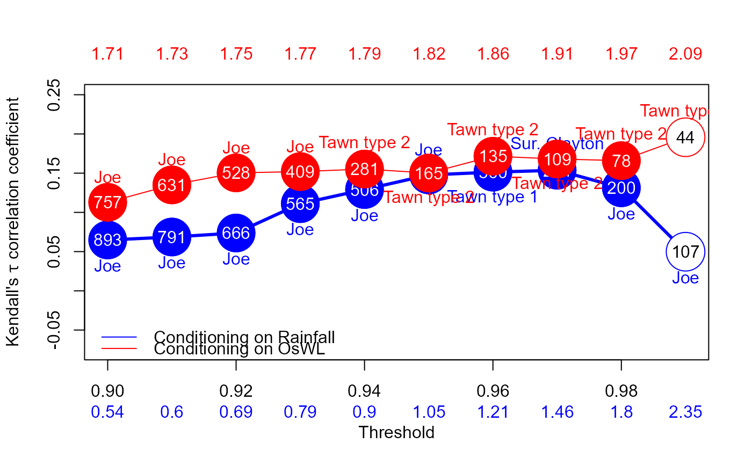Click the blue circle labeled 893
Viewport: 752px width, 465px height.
click(107, 240)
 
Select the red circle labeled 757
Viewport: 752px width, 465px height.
click(107, 202)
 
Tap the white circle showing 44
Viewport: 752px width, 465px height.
click(685, 137)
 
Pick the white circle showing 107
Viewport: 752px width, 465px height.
click(685, 251)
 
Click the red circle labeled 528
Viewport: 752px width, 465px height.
click(236, 173)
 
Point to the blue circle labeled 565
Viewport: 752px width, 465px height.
click(300, 204)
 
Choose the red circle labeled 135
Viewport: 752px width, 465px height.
click(493, 156)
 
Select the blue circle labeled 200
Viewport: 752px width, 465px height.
click(621, 188)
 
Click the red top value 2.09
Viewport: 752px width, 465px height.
click(685, 54)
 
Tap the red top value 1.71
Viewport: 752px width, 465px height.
click(107, 54)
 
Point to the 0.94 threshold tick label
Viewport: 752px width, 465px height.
click(364, 391)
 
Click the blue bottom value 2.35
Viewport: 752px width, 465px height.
click(685, 412)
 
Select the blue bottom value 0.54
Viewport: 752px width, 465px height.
click(107, 412)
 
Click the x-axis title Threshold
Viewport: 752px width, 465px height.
click(396, 432)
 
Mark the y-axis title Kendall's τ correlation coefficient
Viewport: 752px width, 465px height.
click(13, 222)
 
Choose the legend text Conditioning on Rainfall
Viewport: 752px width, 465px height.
click(244, 337)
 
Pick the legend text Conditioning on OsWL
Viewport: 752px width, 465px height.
click(240, 349)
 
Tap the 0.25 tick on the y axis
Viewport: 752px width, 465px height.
click(55, 95)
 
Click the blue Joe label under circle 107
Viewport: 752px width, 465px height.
click(685, 278)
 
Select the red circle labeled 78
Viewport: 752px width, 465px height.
click(621, 160)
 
